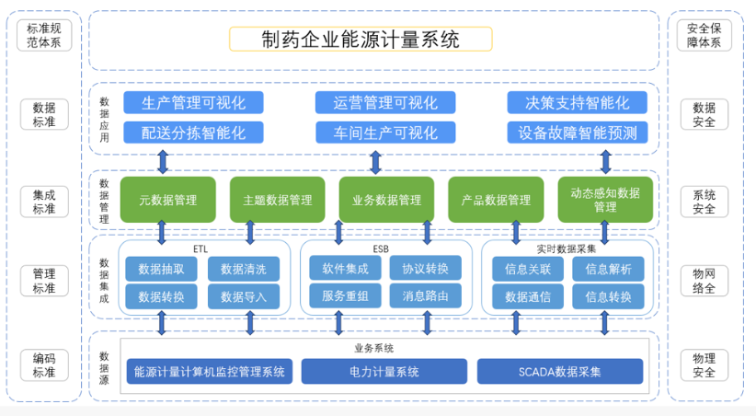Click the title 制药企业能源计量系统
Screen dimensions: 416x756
361,39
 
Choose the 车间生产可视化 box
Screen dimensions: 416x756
384,132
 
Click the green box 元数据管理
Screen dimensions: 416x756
167,200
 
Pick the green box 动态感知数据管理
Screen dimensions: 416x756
604,200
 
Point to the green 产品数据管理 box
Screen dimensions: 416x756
496,200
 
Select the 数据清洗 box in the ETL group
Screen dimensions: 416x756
243,269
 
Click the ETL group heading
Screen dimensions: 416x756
200,248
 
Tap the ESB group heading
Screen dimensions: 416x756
381,248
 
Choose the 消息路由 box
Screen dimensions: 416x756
425,296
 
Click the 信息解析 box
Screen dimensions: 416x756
607,269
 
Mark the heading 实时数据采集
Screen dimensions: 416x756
567,248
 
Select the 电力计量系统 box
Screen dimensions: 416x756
384,372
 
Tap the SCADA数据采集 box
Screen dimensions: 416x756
559,372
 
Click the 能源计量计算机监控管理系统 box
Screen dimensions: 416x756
209,372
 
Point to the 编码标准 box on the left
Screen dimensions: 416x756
44,365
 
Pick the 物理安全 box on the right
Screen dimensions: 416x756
704,365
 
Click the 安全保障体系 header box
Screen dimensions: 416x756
704,35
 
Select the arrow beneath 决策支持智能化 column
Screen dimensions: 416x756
605,163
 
